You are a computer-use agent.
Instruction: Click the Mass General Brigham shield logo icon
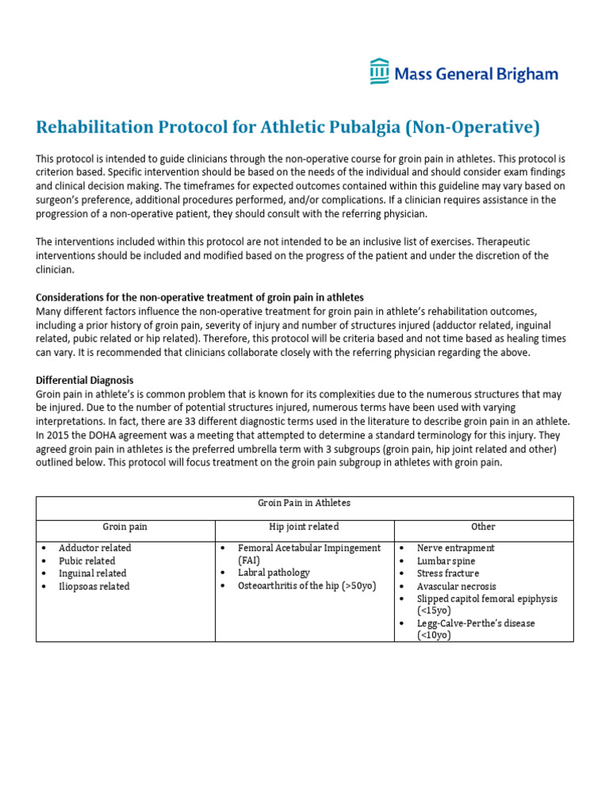click(x=380, y=71)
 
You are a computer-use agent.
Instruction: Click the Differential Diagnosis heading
click(x=85, y=381)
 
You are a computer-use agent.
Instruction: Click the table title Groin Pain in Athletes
click(x=304, y=503)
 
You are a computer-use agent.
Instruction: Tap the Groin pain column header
click(x=125, y=527)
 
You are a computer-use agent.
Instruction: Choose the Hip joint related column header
click(x=304, y=527)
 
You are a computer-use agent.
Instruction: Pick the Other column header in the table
click(x=483, y=527)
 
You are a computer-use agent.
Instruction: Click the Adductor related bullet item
click(x=95, y=548)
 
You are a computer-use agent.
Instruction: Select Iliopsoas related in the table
click(x=94, y=586)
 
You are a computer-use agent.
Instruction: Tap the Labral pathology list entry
click(x=274, y=573)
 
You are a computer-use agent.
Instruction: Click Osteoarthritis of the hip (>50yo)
click(x=307, y=586)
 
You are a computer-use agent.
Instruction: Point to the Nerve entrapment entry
click(x=455, y=548)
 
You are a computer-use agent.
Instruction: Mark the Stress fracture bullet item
click(x=448, y=573)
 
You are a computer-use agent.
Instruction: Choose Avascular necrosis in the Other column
click(x=457, y=586)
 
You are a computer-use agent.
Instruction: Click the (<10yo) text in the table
click(x=434, y=636)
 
